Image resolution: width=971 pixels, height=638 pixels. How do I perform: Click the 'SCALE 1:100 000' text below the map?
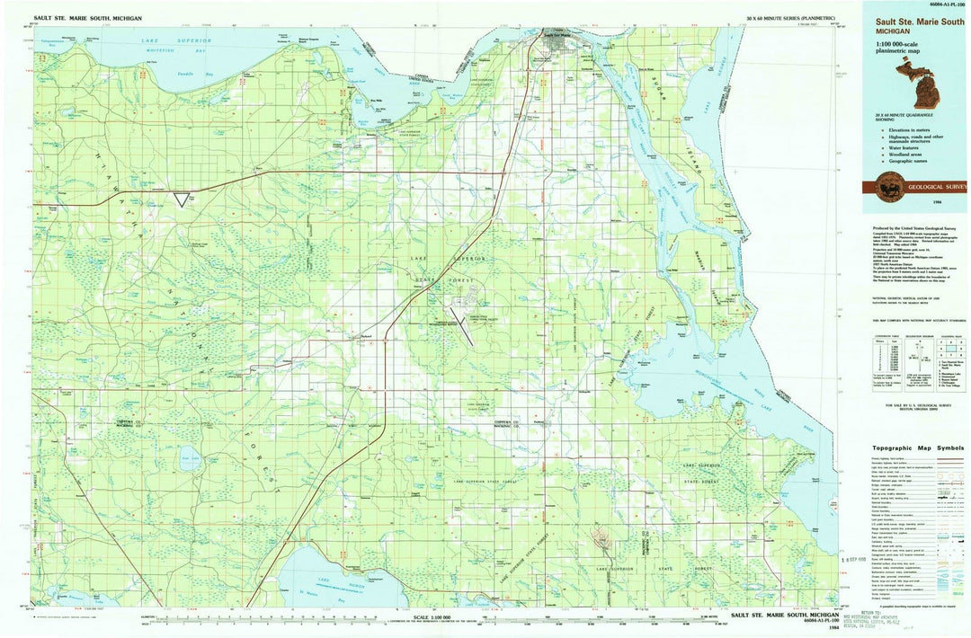pyautogui.click(x=440, y=617)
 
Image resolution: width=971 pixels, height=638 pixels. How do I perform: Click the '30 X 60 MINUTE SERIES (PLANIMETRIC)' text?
pyautogui.click(x=790, y=18)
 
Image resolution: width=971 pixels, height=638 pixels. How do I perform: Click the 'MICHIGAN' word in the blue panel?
pyautogui.click(x=886, y=31)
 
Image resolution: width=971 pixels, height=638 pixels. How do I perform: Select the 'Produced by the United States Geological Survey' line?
pyautogui.click(x=908, y=228)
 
